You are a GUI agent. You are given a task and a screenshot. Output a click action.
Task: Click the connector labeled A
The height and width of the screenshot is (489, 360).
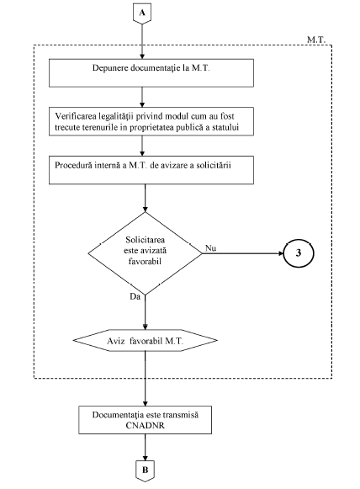(x=142, y=13)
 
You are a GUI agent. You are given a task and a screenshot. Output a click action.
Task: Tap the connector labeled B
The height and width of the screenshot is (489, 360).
(x=145, y=470)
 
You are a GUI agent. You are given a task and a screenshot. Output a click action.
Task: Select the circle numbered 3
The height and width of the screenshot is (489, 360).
(x=299, y=253)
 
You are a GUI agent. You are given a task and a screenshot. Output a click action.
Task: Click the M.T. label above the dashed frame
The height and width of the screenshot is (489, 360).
(x=316, y=40)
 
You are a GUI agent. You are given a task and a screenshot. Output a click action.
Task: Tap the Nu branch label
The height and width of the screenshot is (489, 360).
(x=211, y=248)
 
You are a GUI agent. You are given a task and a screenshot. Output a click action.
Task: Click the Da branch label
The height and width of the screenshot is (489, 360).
(x=135, y=296)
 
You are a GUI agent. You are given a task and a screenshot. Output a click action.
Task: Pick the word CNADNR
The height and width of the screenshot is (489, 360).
(x=145, y=425)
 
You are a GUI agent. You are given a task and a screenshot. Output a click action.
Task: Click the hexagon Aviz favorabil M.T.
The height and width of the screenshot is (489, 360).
(x=146, y=341)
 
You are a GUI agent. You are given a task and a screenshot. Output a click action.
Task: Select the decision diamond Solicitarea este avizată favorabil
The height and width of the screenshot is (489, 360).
(x=145, y=253)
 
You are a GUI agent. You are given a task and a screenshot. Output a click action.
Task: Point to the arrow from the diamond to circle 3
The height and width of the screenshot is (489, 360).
(x=242, y=253)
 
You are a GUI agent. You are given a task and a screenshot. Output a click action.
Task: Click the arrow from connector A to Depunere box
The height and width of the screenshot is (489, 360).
(x=142, y=41)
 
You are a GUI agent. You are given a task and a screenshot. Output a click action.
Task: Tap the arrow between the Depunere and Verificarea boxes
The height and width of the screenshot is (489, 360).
(x=142, y=97)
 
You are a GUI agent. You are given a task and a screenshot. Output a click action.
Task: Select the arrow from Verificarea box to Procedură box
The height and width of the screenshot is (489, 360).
(x=142, y=146)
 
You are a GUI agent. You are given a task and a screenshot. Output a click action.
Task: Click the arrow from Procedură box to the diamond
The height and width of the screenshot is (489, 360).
(x=145, y=198)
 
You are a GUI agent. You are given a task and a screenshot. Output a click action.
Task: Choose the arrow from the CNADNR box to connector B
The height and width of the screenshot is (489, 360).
(x=145, y=447)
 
